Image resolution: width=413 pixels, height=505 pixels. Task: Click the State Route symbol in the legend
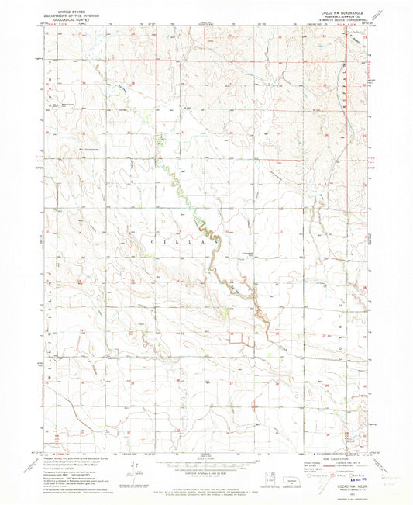(363, 470)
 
